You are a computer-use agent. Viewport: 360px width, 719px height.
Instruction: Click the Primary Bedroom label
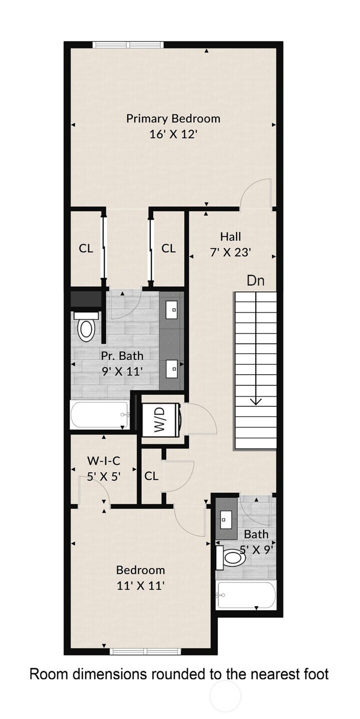coord(173,118)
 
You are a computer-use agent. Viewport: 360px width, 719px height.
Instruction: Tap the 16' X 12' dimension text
coord(173,134)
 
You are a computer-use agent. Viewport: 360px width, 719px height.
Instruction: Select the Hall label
coord(230,237)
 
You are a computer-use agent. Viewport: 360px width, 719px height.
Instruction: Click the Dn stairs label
coord(256,281)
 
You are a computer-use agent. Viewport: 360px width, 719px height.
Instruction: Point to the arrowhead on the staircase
coord(256,401)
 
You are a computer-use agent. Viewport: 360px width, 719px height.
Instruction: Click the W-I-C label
coord(104,461)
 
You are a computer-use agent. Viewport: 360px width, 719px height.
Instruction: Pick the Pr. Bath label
coord(122,356)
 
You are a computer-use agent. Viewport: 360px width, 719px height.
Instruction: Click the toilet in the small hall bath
coord(231,558)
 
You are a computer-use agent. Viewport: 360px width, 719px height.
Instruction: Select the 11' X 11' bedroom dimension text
coord(140,586)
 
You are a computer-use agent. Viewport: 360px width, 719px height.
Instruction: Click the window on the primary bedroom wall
coord(128,45)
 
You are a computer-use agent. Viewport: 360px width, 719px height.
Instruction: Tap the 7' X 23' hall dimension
coord(230,253)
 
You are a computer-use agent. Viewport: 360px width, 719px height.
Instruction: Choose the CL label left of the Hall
coord(168,248)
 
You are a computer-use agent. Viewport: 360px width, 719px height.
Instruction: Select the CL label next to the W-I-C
coord(151,476)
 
